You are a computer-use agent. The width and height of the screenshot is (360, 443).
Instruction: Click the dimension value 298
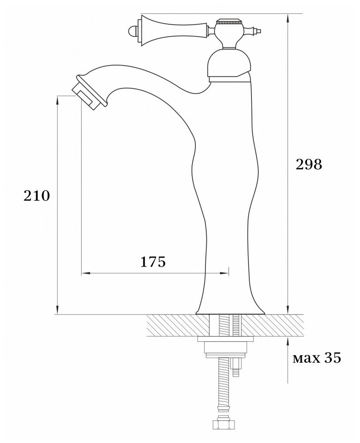[309, 165]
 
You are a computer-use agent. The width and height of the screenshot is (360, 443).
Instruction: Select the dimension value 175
[153, 261]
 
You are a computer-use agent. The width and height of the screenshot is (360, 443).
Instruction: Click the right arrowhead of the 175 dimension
[226, 273]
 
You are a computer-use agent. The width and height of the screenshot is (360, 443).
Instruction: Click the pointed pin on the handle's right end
[260, 31]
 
